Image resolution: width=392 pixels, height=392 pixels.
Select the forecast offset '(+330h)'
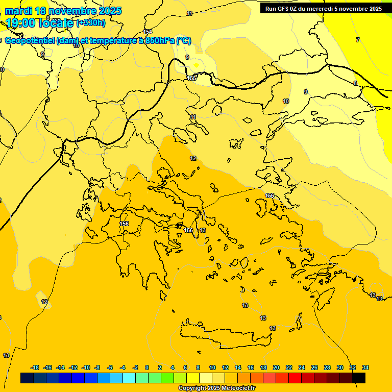click(91, 23)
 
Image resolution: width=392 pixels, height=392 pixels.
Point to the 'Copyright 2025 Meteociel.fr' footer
click(216, 388)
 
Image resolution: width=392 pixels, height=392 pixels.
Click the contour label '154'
click(148, 32)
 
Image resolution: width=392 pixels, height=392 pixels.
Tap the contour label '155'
click(191, 78)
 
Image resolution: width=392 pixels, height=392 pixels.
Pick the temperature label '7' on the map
click(358, 40)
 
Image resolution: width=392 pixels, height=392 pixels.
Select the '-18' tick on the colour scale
click(35, 367)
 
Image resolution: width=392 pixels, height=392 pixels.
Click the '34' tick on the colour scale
click(365, 367)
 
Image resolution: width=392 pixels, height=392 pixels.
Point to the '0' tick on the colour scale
click(147, 367)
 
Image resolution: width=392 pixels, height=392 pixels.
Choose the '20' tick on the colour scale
click(276, 367)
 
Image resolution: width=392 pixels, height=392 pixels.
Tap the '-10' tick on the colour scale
click(86, 367)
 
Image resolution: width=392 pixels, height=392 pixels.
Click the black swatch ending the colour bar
click(359, 378)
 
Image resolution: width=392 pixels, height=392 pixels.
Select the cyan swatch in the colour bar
click(129, 378)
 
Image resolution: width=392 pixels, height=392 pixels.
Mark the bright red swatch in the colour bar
click(295, 378)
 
